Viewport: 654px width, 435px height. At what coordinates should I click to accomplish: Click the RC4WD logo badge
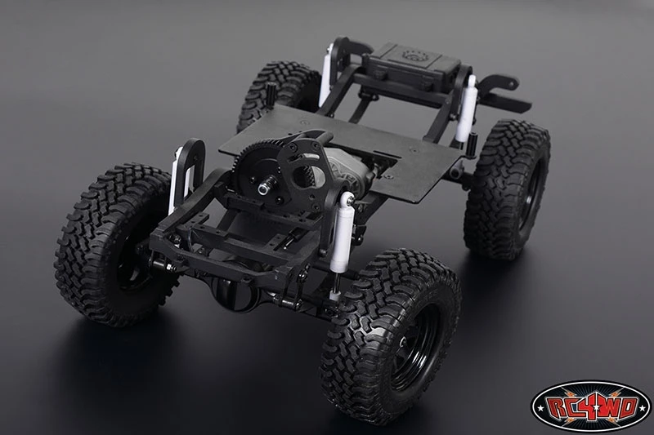tap(590, 405)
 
